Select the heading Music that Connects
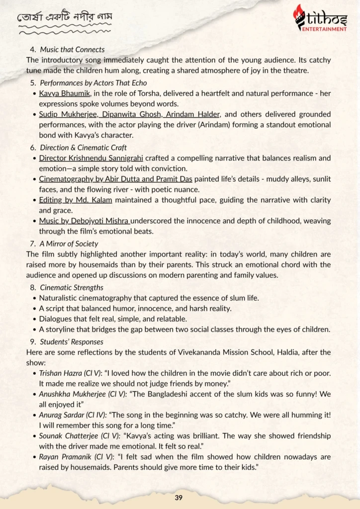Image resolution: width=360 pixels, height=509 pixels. [72, 50]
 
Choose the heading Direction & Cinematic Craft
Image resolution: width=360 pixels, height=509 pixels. [83, 148]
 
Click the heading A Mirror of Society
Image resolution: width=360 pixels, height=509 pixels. [69, 244]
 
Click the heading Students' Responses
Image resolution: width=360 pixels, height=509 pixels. [72, 341]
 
